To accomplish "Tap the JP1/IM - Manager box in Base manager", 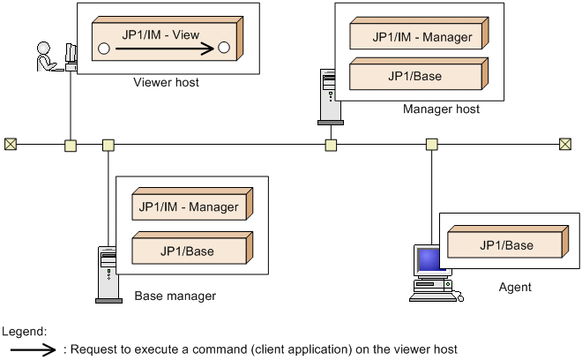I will pyautogui.click(x=188, y=207).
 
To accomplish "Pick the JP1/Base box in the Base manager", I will pyautogui.click(x=188, y=251).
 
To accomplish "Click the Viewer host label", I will pyautogui.click(x=166, y=83).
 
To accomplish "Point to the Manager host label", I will pyautogui.click(x=441, y=109).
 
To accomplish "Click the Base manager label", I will pyautogui.click(x=175, y=296).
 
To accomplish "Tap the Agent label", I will pyautogui.click(x=516, y=287).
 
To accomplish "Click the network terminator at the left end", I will pyautogui.click(x=10, y=144).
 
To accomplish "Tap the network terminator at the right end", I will pyautogui.click(x=565, y=144).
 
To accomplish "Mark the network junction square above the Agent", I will pyautogui.click(x=431, y=144).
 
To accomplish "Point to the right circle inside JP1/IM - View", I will pyautogui.click(x=224, y=48).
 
